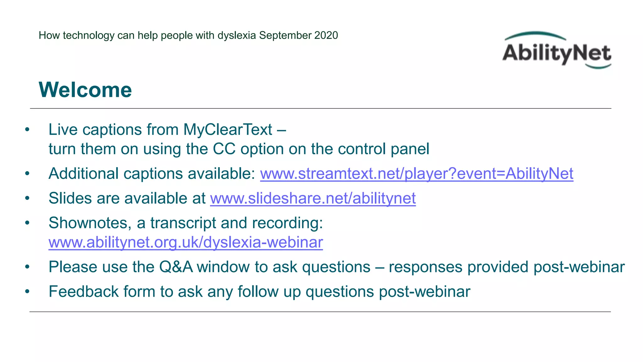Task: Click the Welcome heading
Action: [85, 90]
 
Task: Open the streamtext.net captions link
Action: [417, 173]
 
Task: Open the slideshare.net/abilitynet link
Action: [313, 198]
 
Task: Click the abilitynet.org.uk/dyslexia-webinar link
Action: [186, 242]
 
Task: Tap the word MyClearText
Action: [228, 129]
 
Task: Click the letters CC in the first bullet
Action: [224, 149]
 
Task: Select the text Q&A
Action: [176, 267]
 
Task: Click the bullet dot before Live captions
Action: [27, 129]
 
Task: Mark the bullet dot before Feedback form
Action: [27, 292]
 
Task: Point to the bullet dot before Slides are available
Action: [27, 198]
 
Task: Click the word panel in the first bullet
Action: [410, 149]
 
